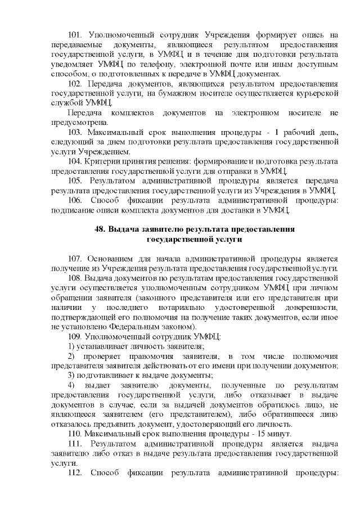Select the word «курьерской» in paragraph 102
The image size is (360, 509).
[x=316, y=93]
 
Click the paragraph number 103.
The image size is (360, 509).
[x=75, y=132]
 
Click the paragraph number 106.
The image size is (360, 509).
[x=75, y=200]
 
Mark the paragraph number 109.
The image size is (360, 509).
[x=75, y=336]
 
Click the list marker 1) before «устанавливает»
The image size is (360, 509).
[x=71, y=345]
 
